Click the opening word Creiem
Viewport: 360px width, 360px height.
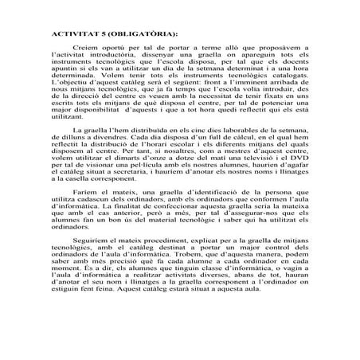85,49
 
